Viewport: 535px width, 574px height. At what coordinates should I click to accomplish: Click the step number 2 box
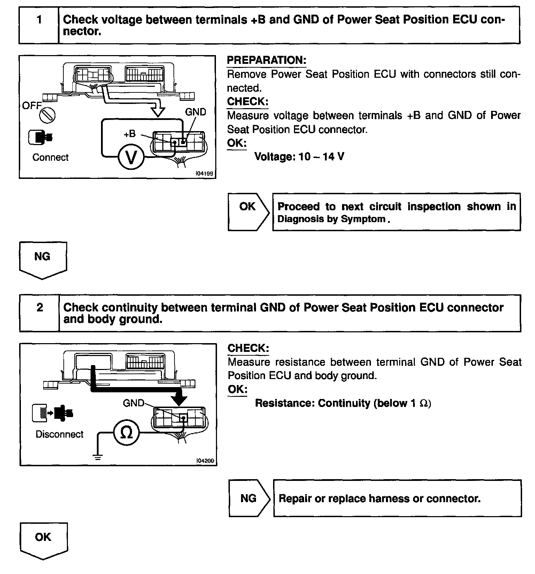tap(39, 313)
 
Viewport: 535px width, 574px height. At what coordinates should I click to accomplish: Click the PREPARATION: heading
tap(266, 60)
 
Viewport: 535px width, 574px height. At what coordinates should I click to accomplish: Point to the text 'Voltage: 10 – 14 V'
tap(299, 157)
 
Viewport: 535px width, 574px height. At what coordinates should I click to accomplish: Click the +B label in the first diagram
tap(130, 134)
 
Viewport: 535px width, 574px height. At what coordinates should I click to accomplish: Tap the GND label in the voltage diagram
tap(195, 112)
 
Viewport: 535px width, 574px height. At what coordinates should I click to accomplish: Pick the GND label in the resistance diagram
tap(133, 403)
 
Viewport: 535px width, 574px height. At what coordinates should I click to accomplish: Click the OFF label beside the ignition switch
tap(32, 106)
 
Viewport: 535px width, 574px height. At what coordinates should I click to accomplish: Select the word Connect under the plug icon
tap(51, 158)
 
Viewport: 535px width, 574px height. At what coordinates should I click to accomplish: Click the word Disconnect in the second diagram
tap(60, 434)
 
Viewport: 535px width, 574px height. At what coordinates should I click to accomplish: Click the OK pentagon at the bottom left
tap(43, 539)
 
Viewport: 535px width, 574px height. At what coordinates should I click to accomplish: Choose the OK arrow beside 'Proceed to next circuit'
tap(248, 211)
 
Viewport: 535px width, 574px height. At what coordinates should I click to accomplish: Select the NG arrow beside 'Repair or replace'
tap(249, 498)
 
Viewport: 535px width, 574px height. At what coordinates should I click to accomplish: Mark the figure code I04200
tap(206, 461)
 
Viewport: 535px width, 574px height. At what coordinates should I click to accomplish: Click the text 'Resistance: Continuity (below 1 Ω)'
tap(343, 403)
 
